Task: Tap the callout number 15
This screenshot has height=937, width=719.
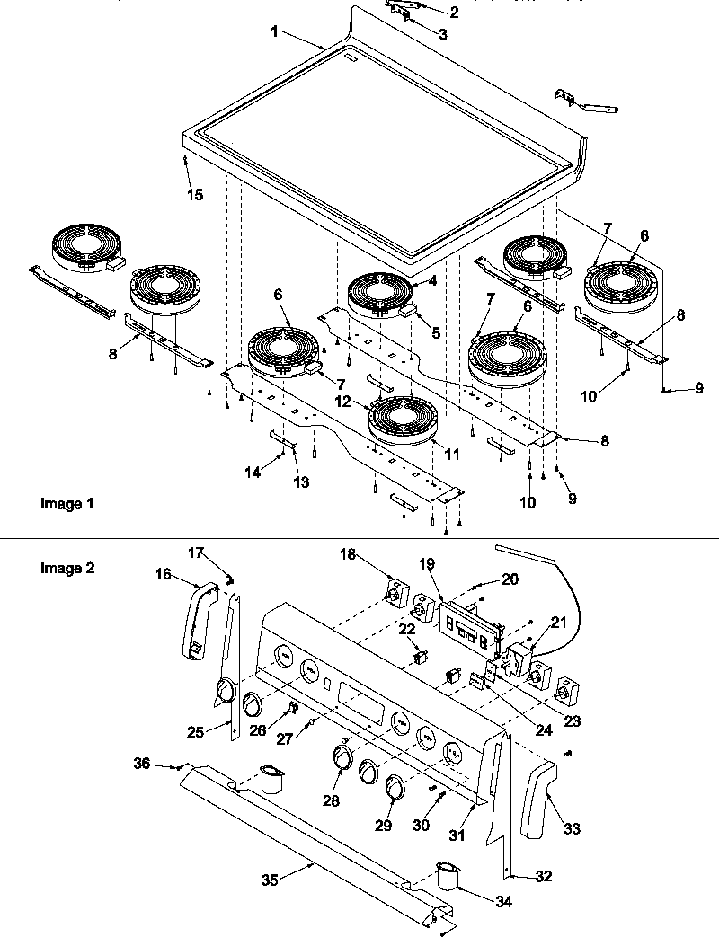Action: (x=195, y=194)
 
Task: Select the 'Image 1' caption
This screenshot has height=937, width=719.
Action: (x=67, y=504)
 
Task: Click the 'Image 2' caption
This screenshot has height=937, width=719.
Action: (x=67, y=568)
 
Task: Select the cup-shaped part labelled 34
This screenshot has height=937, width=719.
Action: (x=446, y=875)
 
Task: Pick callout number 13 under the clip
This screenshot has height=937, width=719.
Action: (x=300, y=482)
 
